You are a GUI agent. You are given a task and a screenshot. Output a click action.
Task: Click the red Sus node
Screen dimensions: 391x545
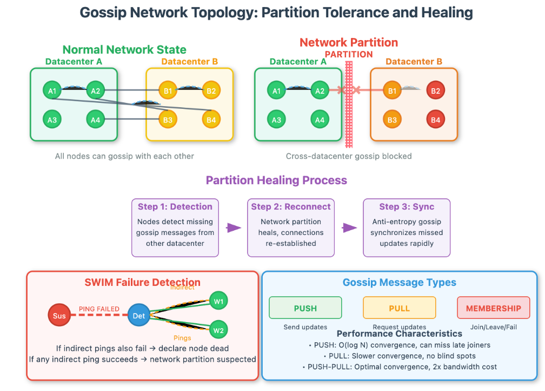(x=59, y=316)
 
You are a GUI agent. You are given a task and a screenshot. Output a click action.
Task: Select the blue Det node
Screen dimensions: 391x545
(x=138, y=316)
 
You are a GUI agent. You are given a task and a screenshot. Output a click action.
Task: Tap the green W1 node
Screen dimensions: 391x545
(x=218, y=301)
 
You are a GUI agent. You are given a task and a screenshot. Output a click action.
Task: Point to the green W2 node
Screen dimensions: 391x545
(x=218, y=330)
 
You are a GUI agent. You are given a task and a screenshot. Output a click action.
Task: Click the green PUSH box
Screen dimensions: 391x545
(x=305, y=308)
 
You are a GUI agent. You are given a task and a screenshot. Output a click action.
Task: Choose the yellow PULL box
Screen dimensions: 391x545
(x=399, y=308)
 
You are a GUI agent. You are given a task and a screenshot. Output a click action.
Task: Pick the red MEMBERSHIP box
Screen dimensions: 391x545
(x=493, y=308)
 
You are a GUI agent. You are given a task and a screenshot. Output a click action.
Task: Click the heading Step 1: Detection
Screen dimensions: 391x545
(x=175, y=207)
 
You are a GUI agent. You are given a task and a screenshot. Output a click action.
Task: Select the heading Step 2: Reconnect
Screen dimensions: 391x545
(x=291, y=207)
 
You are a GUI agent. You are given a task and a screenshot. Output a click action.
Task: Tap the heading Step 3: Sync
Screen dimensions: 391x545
(x=407, y=207)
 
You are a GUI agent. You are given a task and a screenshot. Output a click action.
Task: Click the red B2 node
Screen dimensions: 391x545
(x=435, y=91)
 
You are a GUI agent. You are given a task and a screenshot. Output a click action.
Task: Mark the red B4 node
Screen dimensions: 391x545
(x=435, y=120)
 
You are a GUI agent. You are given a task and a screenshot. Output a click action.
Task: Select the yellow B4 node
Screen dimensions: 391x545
(x=211, y=120)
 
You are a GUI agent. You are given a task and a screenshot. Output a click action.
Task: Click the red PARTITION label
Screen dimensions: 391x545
(x=349, y=54)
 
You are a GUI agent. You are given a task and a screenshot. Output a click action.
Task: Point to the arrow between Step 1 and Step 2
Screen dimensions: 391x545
(x=233, y=228)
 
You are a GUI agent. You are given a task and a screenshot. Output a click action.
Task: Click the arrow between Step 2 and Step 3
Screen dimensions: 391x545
(x=350, y=228)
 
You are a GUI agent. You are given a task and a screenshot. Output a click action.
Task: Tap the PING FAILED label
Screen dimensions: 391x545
(x=99, y=309)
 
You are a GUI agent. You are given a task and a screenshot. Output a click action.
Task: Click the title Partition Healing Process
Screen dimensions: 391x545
(x=276, y=180)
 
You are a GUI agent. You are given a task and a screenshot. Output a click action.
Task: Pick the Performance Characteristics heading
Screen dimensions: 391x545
(x=399, y=334)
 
